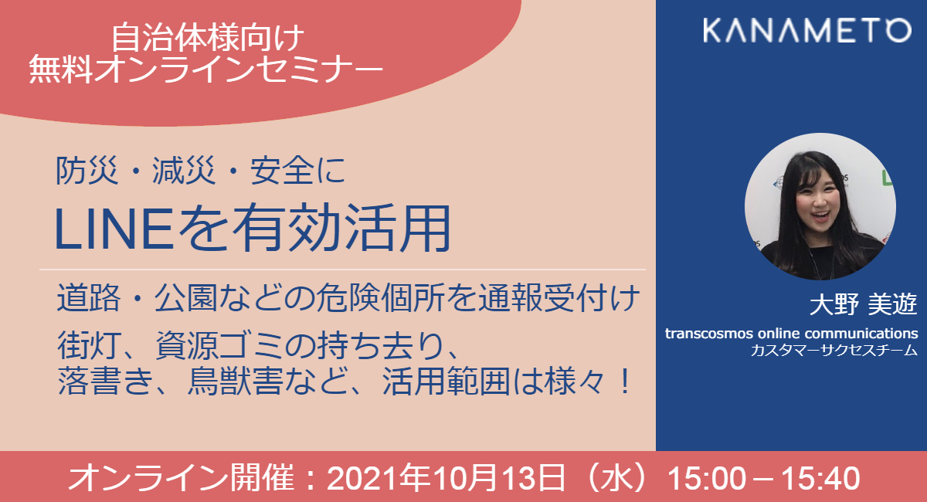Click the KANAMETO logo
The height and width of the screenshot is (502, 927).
coord(796,30)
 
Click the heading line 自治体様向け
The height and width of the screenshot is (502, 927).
coord(206,36)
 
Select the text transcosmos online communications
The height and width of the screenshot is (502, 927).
coord(791,334)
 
